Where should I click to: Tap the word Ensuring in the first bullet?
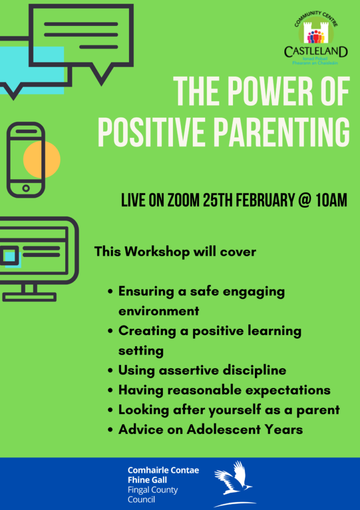click(x=146, y=292)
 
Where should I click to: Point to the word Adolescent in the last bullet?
click(x=224, y=430)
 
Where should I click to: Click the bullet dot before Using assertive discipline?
click(x=111, y=371)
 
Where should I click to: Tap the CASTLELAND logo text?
click(x=316, y=52)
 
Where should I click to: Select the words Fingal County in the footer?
click(x=153, y=490)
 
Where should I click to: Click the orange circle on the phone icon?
click(x=42, y=160)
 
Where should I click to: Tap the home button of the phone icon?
click(x=26, y=188)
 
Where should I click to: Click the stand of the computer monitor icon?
click(x=29, y=292)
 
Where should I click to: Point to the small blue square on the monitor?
click(x=13, y=259)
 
